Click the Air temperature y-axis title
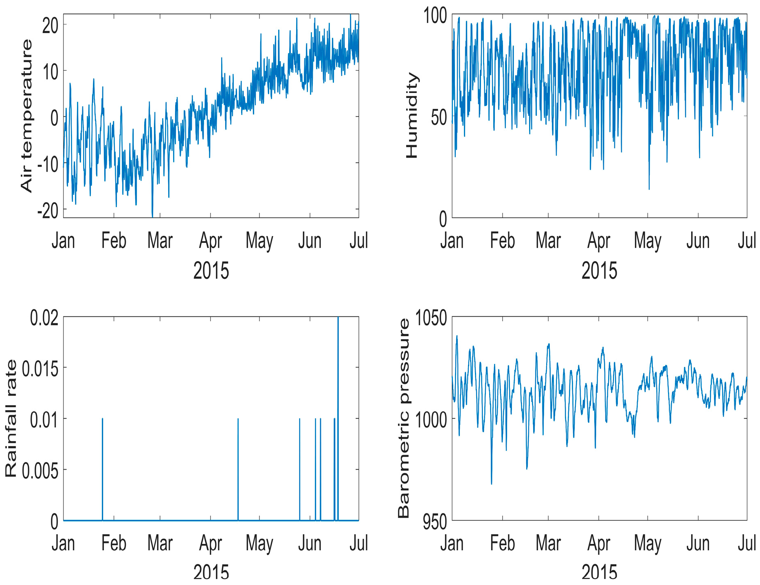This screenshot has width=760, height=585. click(26, 116)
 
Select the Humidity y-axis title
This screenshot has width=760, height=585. click(412, 116)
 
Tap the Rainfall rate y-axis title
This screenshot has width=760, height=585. click(11, 418)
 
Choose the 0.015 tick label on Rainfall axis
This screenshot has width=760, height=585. click(40, 368)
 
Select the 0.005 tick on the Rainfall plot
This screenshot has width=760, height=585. click(40, 470)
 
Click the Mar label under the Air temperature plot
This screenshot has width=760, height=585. click(160, 241)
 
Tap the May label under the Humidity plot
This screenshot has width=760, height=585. click(647, 241)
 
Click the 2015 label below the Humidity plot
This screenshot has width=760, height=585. click(599, 271)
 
